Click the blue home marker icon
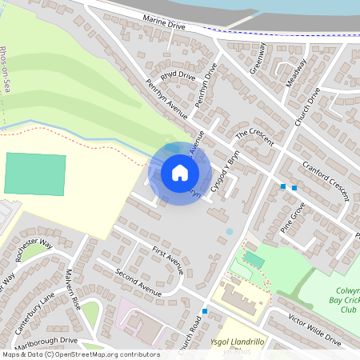click(179, 172)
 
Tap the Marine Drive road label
click(164, 25)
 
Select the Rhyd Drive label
click(178, 77)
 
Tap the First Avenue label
click(167, 261)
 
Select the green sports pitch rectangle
click(35, 174)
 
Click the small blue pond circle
click(230, 231)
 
